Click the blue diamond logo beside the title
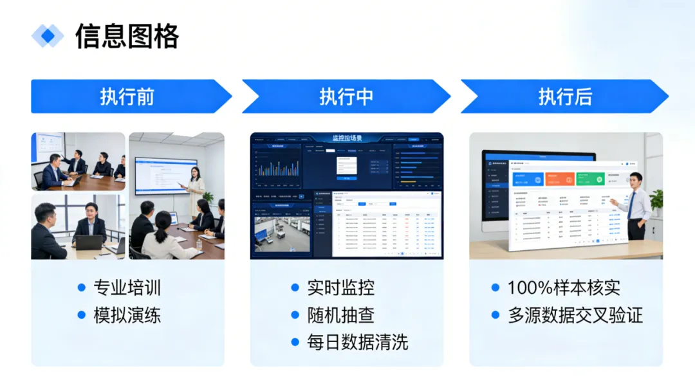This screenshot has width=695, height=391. pos(48,36)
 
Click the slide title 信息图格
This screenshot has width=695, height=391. pos(127,37)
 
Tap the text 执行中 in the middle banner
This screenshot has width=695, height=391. pos(346,96)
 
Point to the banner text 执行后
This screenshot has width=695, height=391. pos(565,96)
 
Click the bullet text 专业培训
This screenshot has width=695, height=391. pos(127,287)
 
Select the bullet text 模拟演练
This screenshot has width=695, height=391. pos(127,315)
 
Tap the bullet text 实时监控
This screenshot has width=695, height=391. pos(340,287)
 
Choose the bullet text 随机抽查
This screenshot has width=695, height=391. pos(340,315)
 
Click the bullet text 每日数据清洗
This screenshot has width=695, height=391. pos(357,342)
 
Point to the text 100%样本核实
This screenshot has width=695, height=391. pos(564,287)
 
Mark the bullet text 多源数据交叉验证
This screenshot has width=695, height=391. pos(575,315)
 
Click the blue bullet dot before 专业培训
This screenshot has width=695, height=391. pos(82,287)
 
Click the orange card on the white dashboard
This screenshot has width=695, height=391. pos(559,179)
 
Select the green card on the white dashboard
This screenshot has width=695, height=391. pos(589,179)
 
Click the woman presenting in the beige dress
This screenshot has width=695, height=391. pos(196,189)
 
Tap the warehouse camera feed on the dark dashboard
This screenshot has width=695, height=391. pos(282,233)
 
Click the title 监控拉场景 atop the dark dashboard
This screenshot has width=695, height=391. pos(347,138)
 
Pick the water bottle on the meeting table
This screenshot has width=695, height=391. pos(199,244)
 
